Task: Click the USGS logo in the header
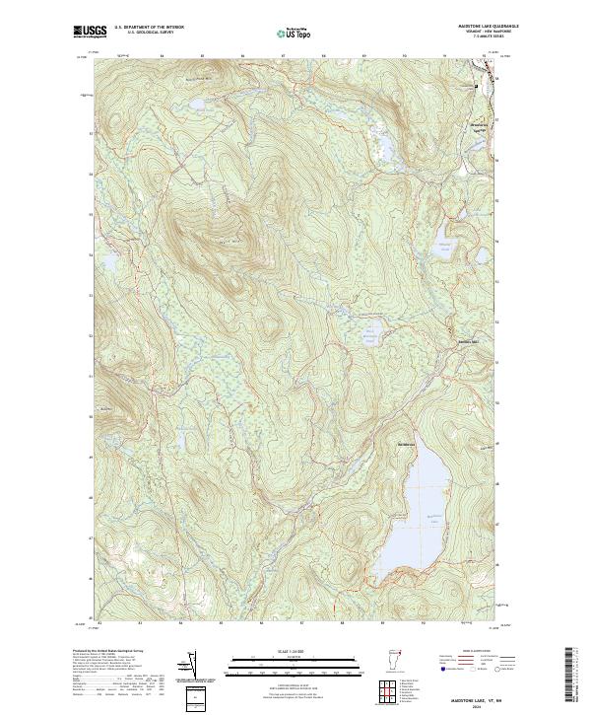[90, 33]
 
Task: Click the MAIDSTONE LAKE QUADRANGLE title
[472, 28]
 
